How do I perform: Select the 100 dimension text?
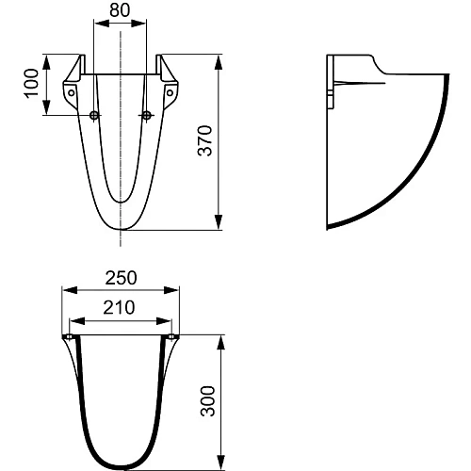click(32, 86)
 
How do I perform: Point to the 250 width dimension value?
click(121, 277)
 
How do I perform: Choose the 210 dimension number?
click(121, 307)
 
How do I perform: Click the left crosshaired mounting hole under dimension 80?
click(94, 116)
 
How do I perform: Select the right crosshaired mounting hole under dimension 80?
click(147, 116)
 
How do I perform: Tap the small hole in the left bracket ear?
click(69, 92)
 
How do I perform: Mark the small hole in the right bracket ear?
click(172, 92)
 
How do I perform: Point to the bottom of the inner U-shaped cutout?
click(121, 202)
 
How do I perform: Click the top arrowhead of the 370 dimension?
click(219, 59)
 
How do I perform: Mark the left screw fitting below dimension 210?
click(69, 336)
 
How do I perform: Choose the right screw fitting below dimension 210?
click(173, 336)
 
